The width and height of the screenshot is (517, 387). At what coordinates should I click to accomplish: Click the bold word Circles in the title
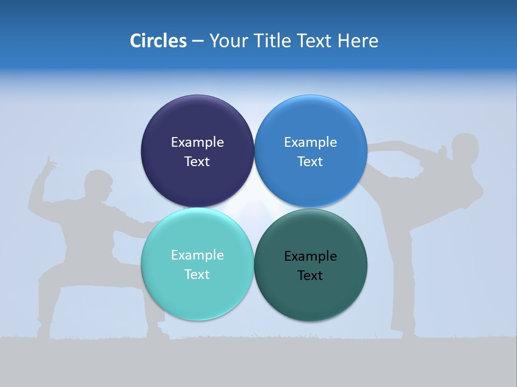pos(158,40)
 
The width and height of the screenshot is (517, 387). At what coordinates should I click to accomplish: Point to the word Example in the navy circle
pos(197,142)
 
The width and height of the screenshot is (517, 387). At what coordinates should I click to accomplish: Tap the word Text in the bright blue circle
pos(310,161)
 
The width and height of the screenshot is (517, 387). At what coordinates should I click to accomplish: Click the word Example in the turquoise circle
pos(197,255)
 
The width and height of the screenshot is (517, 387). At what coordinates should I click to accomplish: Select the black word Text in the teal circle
pos(310,275)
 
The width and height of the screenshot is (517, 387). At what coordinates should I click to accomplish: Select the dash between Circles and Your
pos(197,41)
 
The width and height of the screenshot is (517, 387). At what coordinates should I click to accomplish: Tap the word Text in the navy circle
pos(197,161)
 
